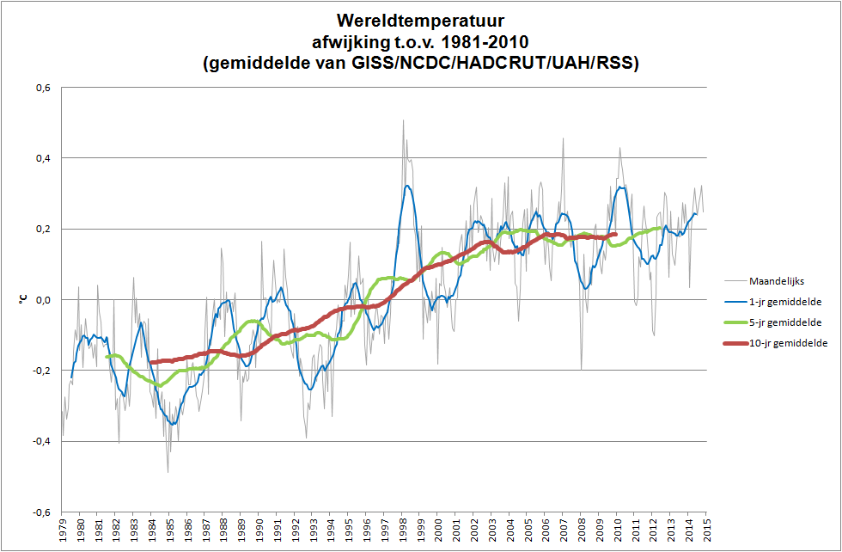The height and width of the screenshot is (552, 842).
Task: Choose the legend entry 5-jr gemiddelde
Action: (x=778, y=322)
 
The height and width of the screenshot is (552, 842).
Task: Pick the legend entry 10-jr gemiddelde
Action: (x=781, y=343)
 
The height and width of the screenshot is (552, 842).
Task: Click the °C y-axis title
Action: (x=23, y=299)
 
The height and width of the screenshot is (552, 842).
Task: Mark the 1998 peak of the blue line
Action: (x=407, y=185)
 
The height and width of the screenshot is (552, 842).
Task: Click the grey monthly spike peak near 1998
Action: (x=403, y=120)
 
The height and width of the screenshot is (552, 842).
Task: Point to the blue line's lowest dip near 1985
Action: (x=173, y=424)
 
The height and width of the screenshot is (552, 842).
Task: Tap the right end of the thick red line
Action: (x=616, y=234)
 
